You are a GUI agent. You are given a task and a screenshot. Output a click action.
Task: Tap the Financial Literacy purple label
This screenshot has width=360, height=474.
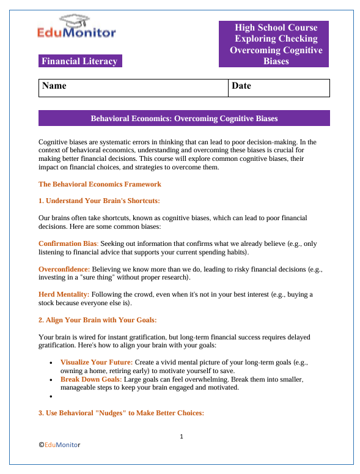click(x=79, y=61)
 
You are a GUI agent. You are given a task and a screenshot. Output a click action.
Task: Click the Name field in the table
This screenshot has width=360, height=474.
click(x=133, y=87)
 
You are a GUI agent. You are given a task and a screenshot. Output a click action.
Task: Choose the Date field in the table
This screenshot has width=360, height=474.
click(x=279, y=87)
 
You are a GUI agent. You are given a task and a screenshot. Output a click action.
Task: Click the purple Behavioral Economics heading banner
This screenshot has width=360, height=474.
click(x=184, y=118)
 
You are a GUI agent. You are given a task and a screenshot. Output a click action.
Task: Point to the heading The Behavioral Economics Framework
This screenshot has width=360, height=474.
click(x=100, y=184)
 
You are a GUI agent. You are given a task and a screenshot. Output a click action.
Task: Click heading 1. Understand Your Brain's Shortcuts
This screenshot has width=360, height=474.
click(x=99, y=201)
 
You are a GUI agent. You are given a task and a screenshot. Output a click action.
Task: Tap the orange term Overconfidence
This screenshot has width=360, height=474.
click(x=64, y=269)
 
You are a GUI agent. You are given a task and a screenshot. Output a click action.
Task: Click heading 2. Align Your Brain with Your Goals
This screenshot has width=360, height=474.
click(x=98, y=320)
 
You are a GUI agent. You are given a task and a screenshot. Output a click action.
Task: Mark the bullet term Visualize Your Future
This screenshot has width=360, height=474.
click(x=96, y=362)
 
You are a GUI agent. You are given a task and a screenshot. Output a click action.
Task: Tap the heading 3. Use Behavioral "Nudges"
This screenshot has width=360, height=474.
click(x=121, y=413)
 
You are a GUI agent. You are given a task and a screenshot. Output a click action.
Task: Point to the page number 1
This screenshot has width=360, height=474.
click(x=182, y=437)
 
